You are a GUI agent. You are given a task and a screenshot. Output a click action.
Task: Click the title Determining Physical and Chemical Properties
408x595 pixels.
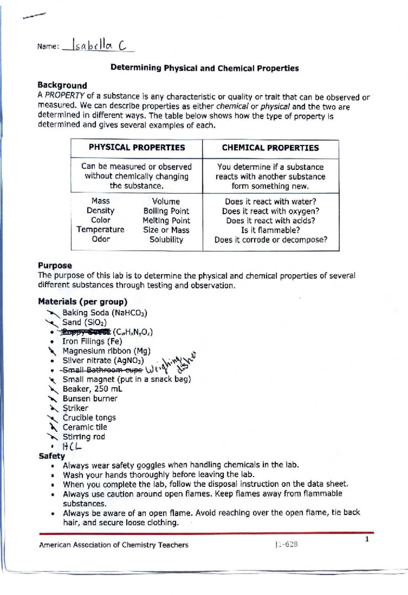click(x=204, y=68)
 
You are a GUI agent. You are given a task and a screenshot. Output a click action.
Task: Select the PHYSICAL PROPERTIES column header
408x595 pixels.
click(x=137, y=148)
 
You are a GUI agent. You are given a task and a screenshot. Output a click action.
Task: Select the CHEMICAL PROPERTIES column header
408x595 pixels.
click(x=270, y=148)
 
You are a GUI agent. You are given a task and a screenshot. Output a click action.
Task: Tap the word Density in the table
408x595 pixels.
click(x=100, y=211)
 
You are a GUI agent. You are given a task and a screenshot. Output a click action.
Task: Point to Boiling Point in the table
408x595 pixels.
click(x=166, y=211)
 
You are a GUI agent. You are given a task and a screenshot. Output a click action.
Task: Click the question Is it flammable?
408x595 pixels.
click(x=270, y=230)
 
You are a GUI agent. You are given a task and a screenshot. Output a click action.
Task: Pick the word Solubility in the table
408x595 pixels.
click(x=166, y=240)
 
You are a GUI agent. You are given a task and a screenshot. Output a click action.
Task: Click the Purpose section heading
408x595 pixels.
click(x=55, y=265)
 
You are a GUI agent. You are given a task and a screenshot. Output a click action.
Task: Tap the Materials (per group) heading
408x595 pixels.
click(x=83, y=301)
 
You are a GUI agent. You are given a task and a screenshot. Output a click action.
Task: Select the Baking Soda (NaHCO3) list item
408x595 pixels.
click(x=105, y=313)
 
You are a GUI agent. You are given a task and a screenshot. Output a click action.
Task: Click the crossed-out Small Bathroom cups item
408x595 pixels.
click(x=103, y=370)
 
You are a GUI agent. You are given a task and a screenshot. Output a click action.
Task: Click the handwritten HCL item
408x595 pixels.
click(x=72, y=446)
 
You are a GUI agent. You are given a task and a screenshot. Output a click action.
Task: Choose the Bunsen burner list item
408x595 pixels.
click(x=90, y=398)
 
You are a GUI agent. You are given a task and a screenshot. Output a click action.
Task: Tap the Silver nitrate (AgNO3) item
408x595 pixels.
click(x=103, y=360)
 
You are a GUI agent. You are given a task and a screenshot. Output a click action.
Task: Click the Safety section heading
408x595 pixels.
click(x=52, y=456)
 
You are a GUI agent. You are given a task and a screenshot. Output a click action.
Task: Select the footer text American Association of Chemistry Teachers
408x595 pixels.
click(x=114, y=545)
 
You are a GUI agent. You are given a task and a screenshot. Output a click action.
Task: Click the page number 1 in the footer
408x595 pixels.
click(x=367, y=539)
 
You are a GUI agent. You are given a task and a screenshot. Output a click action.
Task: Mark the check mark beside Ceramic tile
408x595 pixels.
click(x=53, y=427)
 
